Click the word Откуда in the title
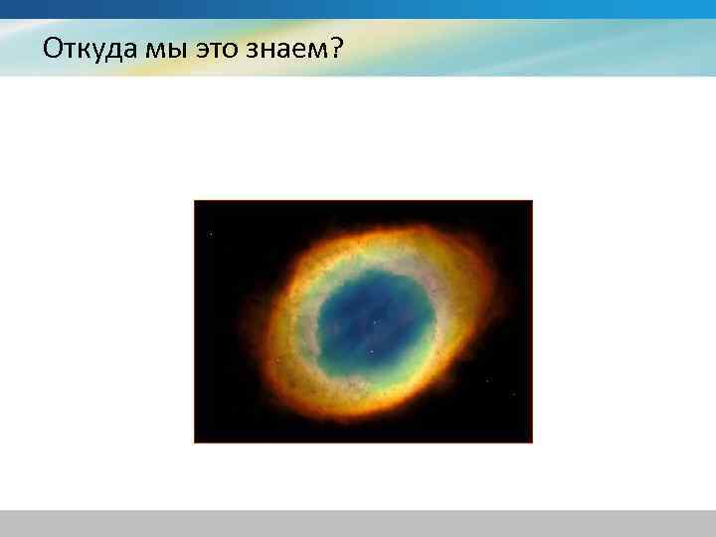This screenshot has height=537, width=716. coord(90,49)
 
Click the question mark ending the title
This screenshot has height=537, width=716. coord(337,48)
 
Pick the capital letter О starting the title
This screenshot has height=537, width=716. coord(53,48)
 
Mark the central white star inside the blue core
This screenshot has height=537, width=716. coord(375,321)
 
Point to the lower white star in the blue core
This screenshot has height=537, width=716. coord(371,351)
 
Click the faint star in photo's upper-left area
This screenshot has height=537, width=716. coord(211,234)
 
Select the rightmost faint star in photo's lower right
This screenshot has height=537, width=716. coord(513,394)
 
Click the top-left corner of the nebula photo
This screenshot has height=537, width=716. coord(195,202)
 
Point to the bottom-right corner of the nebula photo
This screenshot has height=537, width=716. coord(531,441)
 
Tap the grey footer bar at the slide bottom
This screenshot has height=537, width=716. coord(358,523)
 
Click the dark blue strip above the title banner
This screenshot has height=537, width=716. coord(358,9)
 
